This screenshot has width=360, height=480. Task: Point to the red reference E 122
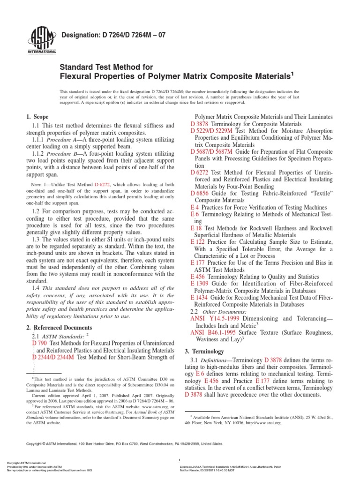(x=197, y=241)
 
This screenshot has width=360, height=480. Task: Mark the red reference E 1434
(x=199, y=297)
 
